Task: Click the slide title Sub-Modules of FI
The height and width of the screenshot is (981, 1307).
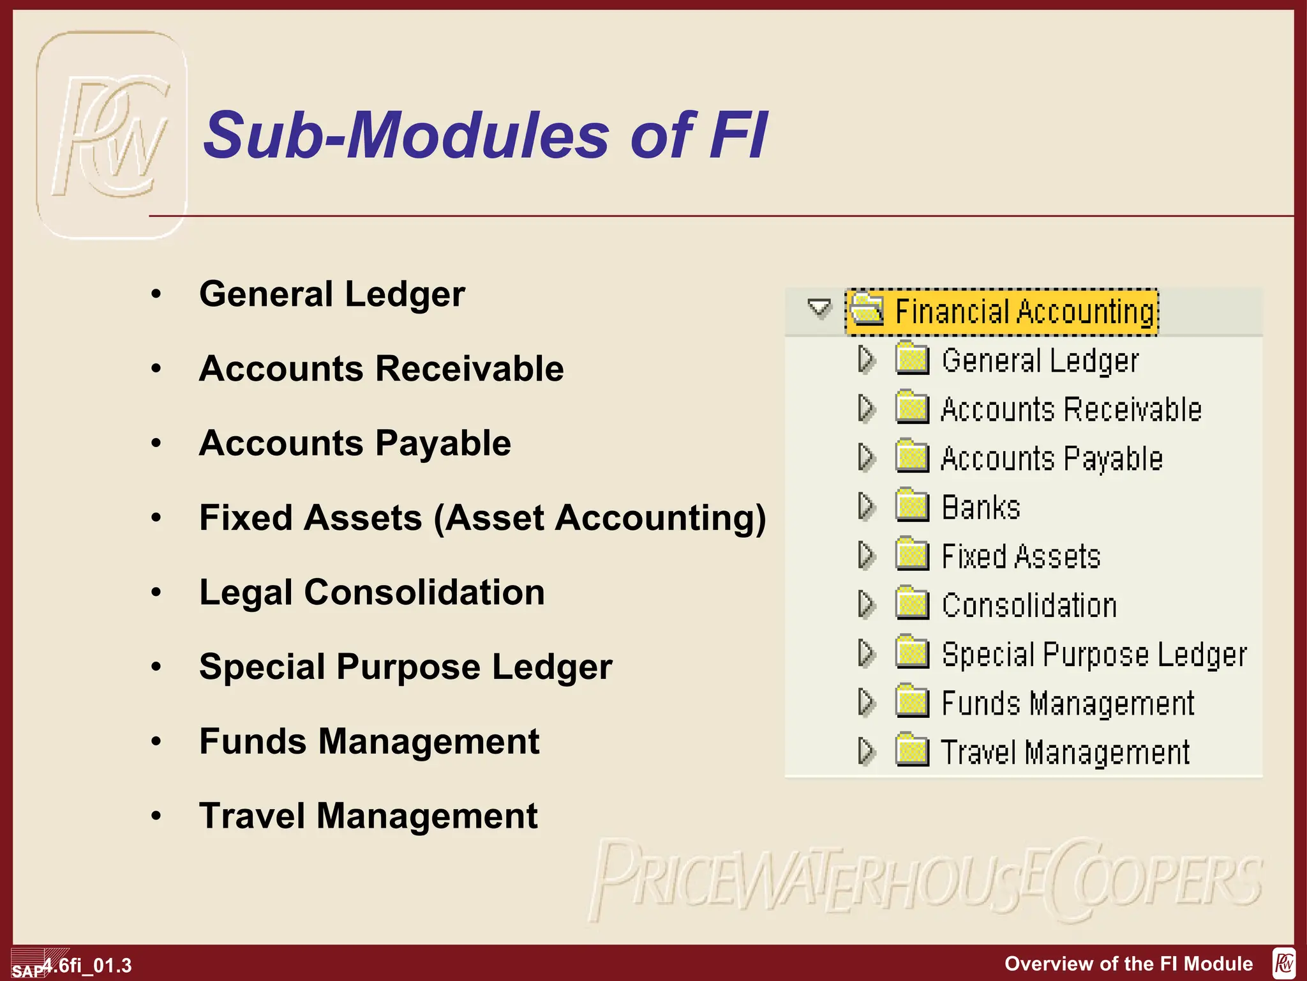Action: click(x=485, y=135)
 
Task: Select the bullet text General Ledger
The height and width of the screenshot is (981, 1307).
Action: click(x=332, y=294)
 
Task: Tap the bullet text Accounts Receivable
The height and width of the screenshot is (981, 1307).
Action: click(x=381, y=369)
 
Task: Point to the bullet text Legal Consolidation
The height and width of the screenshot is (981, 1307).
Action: click(x=372, y=592)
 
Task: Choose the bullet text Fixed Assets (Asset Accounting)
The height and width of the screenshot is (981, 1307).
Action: click(x=482, y=518)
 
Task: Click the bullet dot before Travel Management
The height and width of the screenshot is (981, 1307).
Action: click(x=156, y=816)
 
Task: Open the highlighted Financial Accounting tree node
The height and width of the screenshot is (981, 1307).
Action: click(x=1024, y=312)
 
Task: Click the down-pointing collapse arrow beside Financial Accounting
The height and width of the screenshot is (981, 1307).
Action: click(x=819, y=308)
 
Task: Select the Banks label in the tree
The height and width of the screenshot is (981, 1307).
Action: click(x=981, y=508)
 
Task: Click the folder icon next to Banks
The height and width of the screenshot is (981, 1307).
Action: click(x=912, y=505)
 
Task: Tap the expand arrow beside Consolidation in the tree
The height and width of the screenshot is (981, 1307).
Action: click(x=866, y=604)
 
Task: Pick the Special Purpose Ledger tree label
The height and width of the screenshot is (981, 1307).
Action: click(x=1094, y=655)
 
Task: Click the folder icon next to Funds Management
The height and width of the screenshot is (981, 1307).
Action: click(x=912, y=701)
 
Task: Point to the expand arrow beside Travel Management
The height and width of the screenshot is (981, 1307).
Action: click(x=866, y=752)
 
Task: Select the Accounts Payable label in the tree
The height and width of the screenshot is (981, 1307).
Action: click(x=1052, y=459)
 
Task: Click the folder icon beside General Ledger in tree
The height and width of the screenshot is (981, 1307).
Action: click(x=912, y=358)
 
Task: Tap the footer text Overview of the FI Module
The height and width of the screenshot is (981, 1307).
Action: click(x=1128, y=964)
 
